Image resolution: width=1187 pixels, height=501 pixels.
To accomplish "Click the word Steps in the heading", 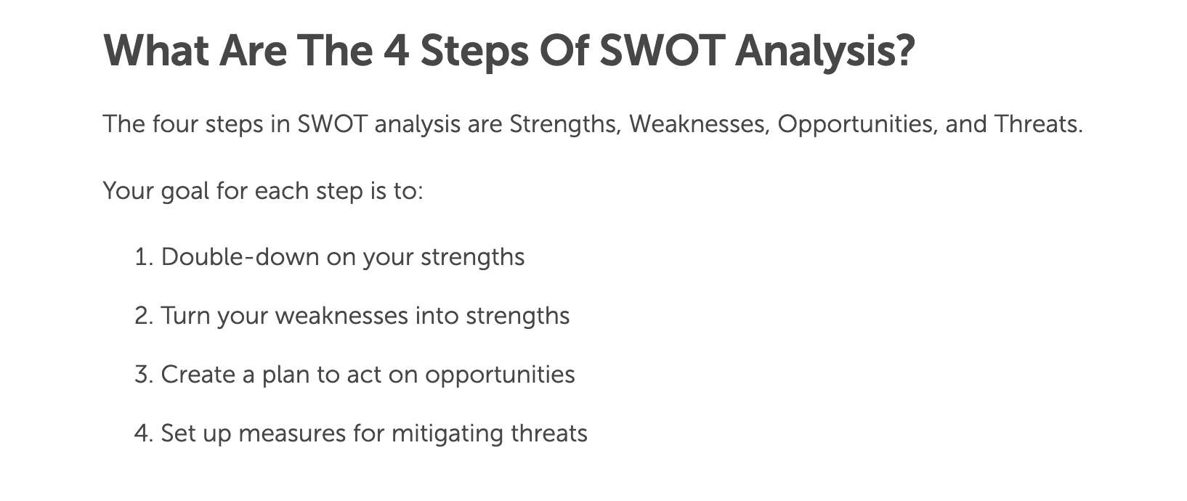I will click(474, 51).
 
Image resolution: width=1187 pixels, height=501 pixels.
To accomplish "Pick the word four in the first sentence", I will click(174, 124).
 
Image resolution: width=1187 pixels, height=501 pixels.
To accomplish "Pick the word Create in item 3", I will click(197, 375).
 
